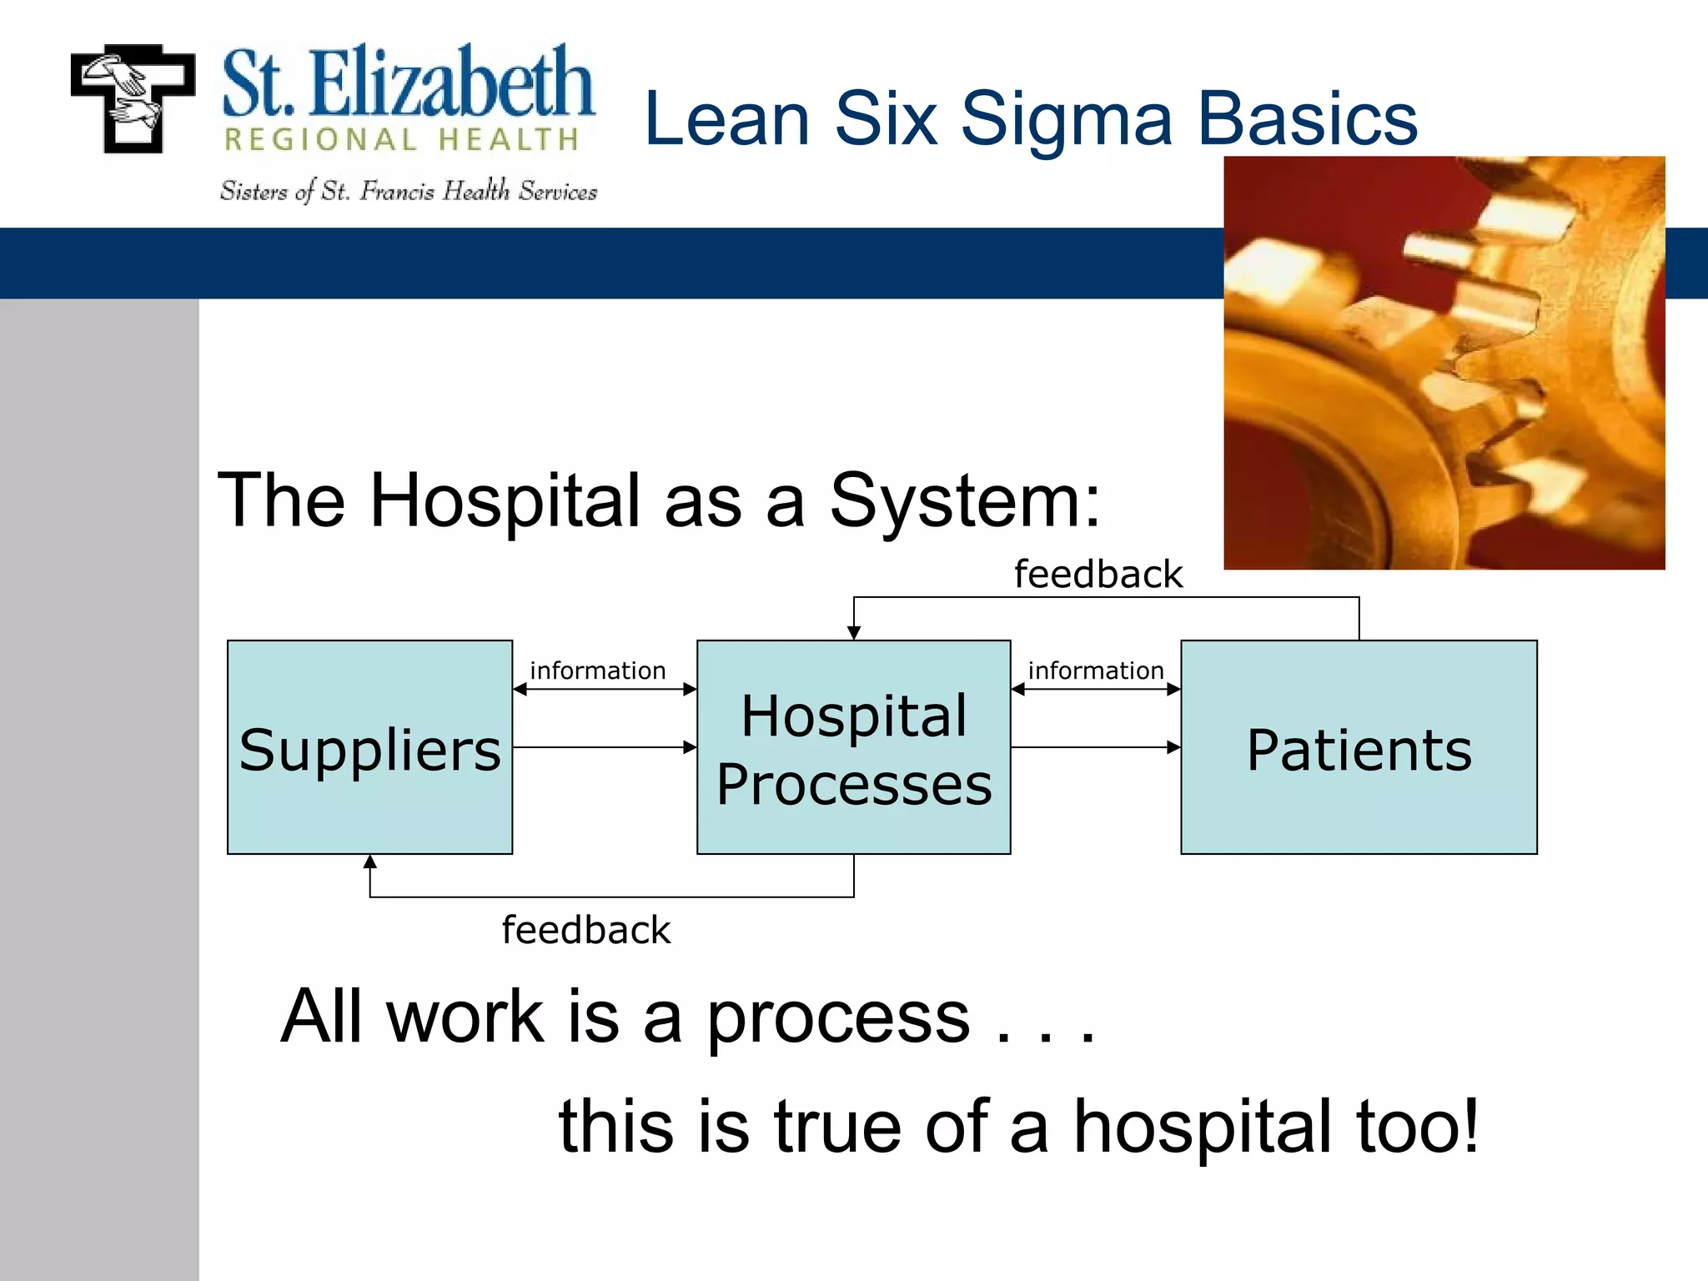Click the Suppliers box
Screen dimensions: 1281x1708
pyautogui.click(x=369, y=747)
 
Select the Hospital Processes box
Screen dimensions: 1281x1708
pyautogui.click(x=853, y=747)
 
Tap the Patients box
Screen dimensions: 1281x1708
pyautogui.click(x=1359, y=747)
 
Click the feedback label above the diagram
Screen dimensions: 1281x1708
pyautogui.click(x=1098, y=575)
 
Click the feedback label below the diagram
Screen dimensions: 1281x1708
pyautogui.click(x=585, y=930)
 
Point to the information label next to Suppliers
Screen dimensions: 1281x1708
pyautogui.click(x=597, y=671)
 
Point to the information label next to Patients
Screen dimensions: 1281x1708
pyautogui.click(x=1095, y=671)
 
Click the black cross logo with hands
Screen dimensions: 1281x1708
pyautogui.click(x=133, y=98)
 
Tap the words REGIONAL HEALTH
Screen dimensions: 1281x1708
pyautogui.click(x=402, y=140)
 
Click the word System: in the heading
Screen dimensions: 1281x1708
pyautogui.click(x=965, y=500)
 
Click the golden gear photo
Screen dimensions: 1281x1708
pyautogui.click(x=1444, y=363)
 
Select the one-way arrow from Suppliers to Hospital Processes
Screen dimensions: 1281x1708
pyautogui.click(x=604, y=747)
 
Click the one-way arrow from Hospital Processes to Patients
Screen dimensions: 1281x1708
pyautogui.click(x=1095, y=747)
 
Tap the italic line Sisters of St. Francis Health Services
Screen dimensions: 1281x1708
pyautogui.click(x=408, y=192)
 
